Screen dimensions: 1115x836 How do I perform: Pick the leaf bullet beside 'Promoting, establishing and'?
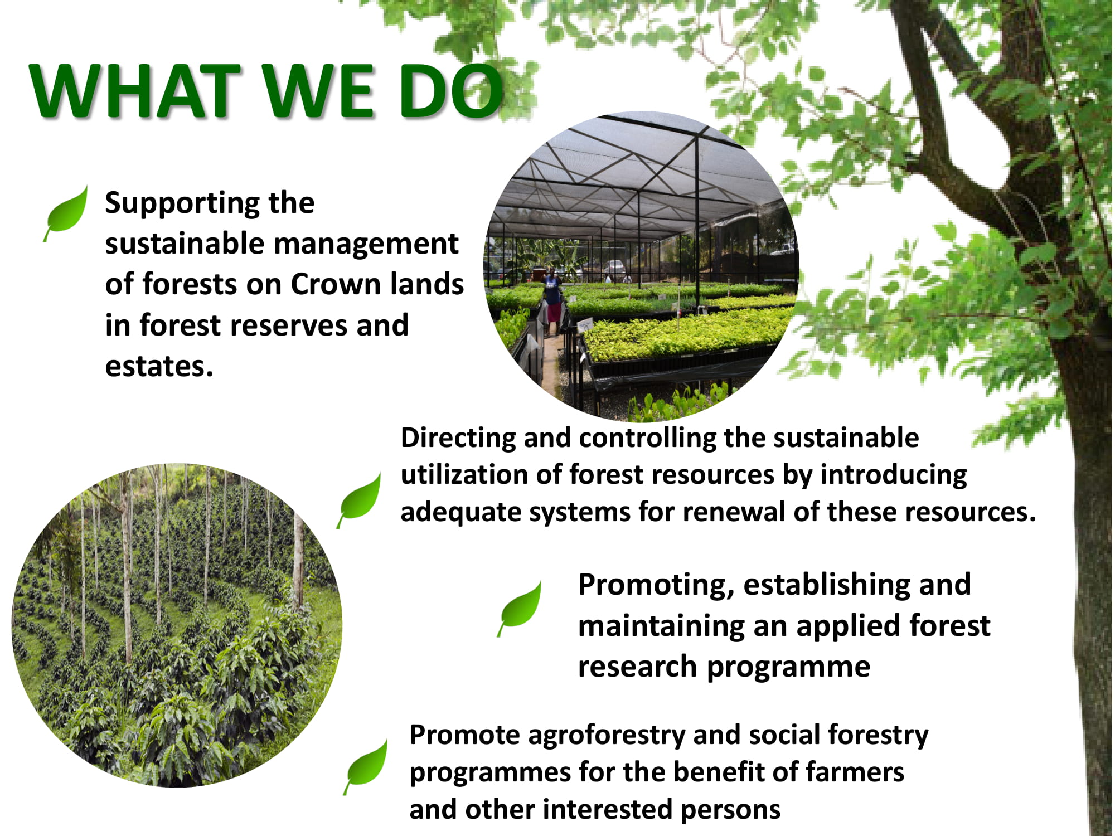tap(520, 609)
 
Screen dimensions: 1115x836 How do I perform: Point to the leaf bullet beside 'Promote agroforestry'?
tap(366, 767)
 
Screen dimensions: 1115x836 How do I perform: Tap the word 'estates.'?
tap(159, 366)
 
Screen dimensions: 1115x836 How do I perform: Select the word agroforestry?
tap(607, 736)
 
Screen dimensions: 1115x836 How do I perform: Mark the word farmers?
tap(855, 772)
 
